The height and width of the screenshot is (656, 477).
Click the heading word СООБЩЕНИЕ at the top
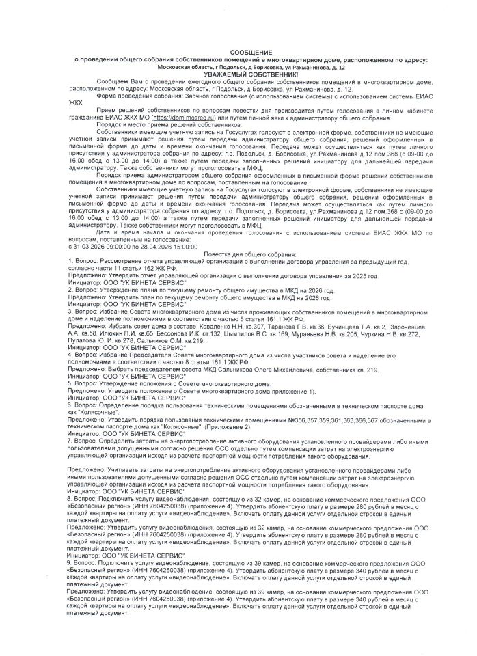250,53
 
